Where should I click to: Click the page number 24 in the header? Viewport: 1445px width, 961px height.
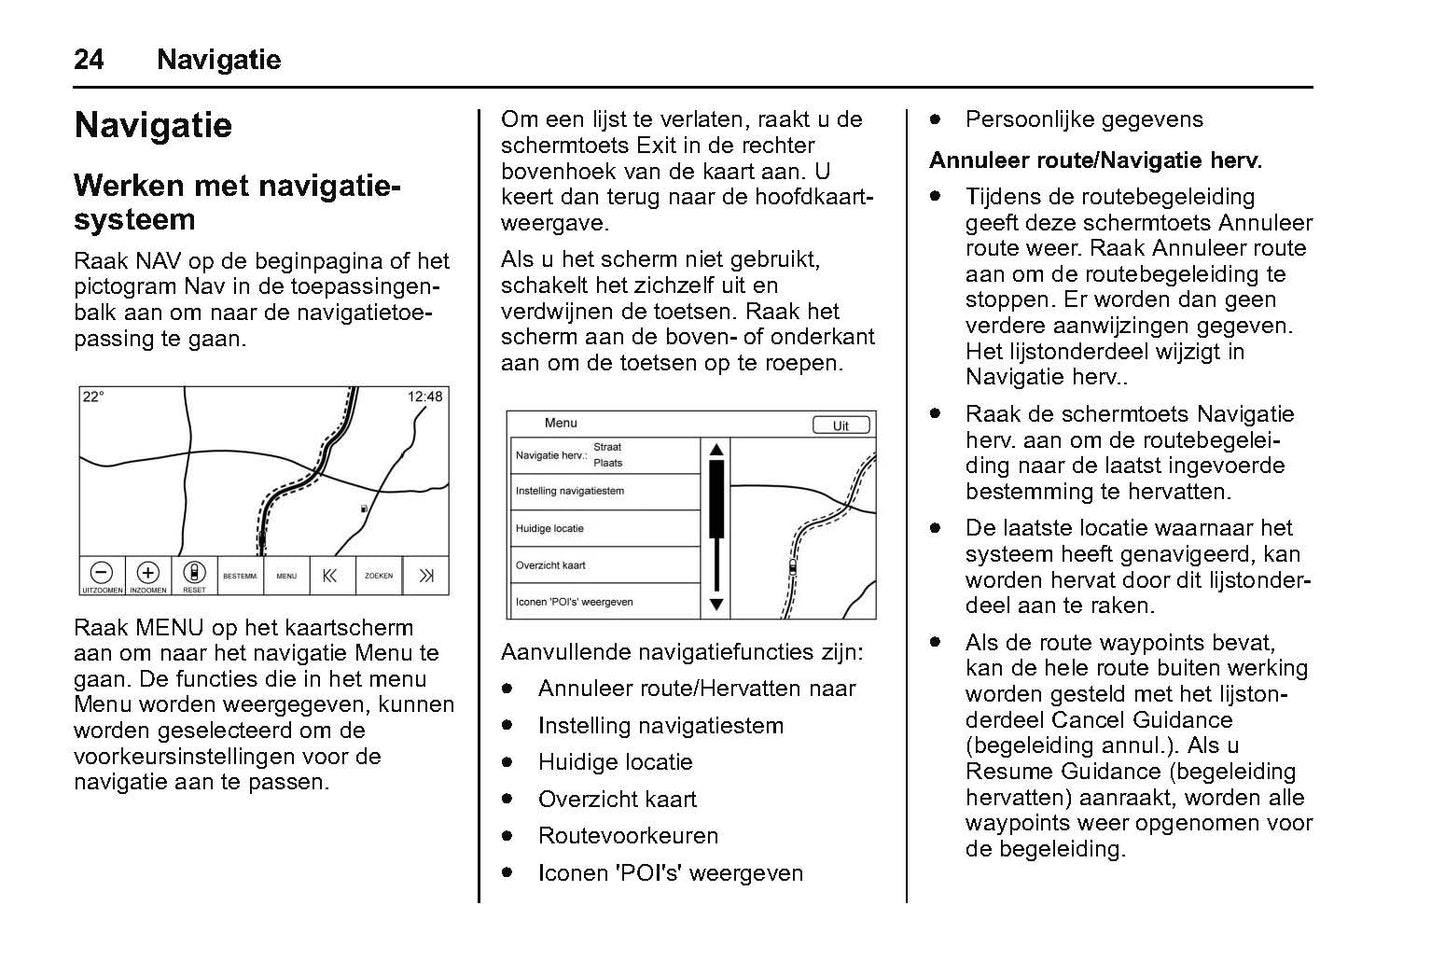click(x=88, y=60)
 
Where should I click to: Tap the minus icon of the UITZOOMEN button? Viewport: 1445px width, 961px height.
click(x=101, y=572)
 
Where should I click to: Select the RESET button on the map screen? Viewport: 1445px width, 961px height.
click(x=195, y=575)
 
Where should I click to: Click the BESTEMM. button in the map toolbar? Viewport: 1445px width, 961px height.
click(x=240, y=576)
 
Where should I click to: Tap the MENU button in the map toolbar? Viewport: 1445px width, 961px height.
click(x=287, y=576)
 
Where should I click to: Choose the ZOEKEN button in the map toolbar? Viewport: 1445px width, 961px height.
click(x=379, y=576)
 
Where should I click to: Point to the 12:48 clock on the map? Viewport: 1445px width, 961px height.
click(x=424, y=397)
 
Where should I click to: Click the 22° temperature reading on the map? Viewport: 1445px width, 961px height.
click(x=93, y=397)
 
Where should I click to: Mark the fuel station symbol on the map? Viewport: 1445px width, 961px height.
click(x=364, y=509)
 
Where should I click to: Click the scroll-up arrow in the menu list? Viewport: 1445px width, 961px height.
click(x=716, y=449)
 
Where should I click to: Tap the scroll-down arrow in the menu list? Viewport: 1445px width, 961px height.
click(x=716, y=604)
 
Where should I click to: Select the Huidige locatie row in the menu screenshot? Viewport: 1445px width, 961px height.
click(x=604, y=528)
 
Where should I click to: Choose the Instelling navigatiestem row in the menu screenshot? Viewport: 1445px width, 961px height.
click(x=604, y=491)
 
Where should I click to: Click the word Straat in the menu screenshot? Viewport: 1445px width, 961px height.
click(x=607, y=447)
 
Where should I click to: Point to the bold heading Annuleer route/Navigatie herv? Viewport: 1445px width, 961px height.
click(x=1095, y=160)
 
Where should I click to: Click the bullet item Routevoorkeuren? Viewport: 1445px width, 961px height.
click(x=628, y=836)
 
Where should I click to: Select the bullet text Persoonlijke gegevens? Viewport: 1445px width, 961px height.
click(x=1084, y=120)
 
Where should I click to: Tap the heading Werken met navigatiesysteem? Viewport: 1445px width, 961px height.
click(x=237, y=202)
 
